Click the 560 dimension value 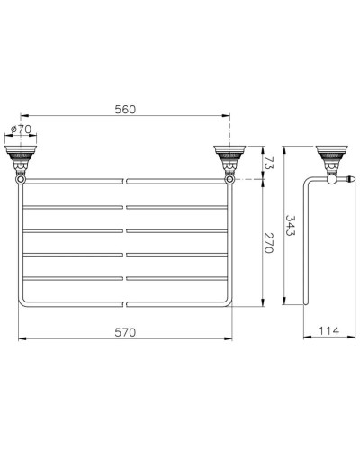(x=125, y=109)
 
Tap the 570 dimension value (x=125, y=332)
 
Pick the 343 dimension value (x=289, y=224)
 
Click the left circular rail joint (x=21, y=181)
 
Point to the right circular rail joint (x=229, y=181)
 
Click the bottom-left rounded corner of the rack (x=22, y=301)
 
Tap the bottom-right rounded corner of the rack (x=228, y=301)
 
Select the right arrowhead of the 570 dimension (x=230, y=339)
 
